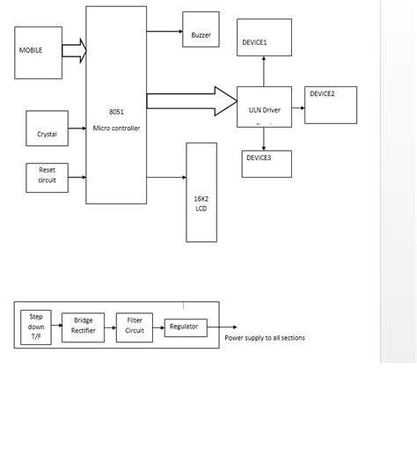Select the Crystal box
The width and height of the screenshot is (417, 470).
[x=47, y=129]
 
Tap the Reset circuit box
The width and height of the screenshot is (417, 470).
[x=47, y=177]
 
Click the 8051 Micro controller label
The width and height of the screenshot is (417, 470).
[x=116, y=121]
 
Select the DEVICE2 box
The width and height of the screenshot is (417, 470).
[x=331, y=105]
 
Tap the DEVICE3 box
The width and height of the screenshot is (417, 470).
[x=267, y=163]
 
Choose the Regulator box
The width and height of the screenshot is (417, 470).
[x=186, y=327]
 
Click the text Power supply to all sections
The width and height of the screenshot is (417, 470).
[x=265, y=338]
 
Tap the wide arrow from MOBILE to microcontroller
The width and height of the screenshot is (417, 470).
[x=74, y=50]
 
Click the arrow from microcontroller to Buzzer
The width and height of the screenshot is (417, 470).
[x=164, y=31]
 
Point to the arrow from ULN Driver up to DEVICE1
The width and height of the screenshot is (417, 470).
[x=263, y=71]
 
